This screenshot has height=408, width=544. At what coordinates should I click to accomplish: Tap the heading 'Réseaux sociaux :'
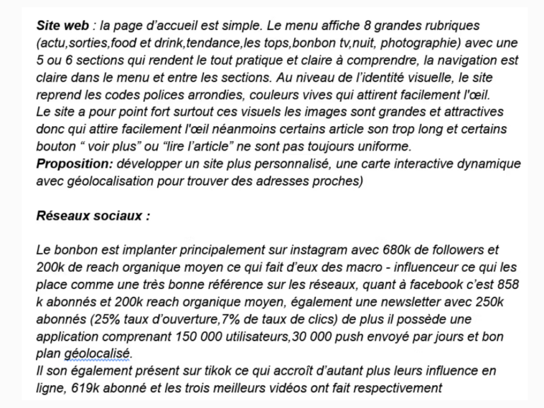pos(93,216)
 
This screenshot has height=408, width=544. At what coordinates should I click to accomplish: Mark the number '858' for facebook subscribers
pos(507,285)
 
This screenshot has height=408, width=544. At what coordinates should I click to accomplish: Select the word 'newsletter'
pos(390,302)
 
